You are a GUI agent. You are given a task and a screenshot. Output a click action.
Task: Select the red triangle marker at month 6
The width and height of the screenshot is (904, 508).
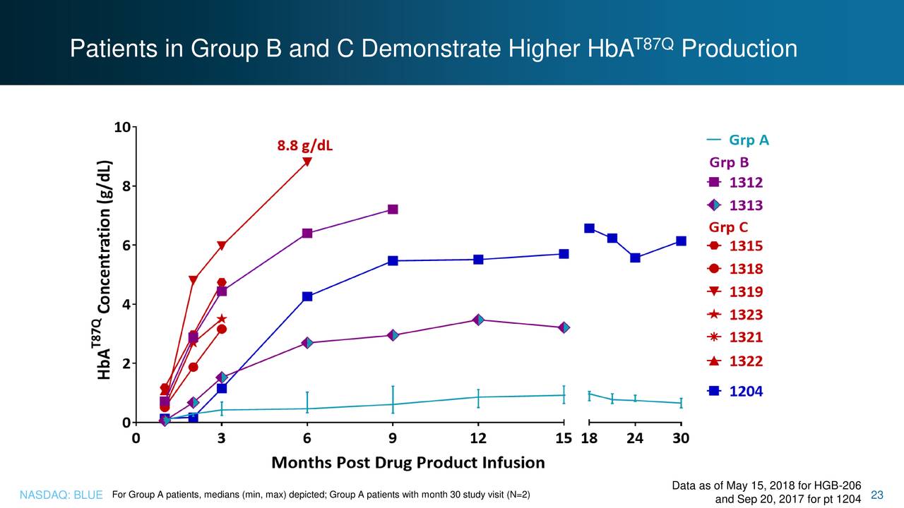pyautogui.click(x=307, y=162)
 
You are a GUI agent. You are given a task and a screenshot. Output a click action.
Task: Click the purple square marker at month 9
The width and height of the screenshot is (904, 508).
pyautogui.click(x=393, y=210)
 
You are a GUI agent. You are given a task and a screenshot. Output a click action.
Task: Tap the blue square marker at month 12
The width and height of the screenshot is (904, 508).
pyautogui.click(x=478, y=260)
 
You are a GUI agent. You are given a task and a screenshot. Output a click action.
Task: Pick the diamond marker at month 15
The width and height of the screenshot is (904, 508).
pyautogui.click(x=564, y=327)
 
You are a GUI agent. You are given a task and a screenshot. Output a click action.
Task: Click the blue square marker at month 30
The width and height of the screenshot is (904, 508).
pyautogui.click(x=681, y=241)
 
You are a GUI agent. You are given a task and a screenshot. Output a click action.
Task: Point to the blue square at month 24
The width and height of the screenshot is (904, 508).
pyautogui.click(x=635, y=258)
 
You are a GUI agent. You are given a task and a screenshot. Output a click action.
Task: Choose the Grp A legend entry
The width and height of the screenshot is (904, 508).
pyautogui.click(x=738, y=140)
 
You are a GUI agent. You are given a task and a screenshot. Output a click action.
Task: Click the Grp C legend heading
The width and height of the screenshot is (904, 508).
pyautogui.click(x=728, y=227)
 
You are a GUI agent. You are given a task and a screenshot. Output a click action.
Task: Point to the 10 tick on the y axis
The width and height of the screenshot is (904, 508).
pyautogui.click(x=121, y=128)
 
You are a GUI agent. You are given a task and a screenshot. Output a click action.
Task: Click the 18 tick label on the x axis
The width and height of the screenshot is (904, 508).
pyautogui.click(x=588, y=438)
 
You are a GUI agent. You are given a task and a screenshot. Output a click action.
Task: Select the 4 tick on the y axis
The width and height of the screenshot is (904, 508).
pyautogui.click(x=125, y=305)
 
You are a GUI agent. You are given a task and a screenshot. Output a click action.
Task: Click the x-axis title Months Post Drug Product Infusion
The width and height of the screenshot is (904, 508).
pyautogui.click(x=408, y=463)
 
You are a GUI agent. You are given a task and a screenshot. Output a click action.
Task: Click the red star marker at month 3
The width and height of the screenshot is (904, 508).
pyautogui.click(x=222, y=320)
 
